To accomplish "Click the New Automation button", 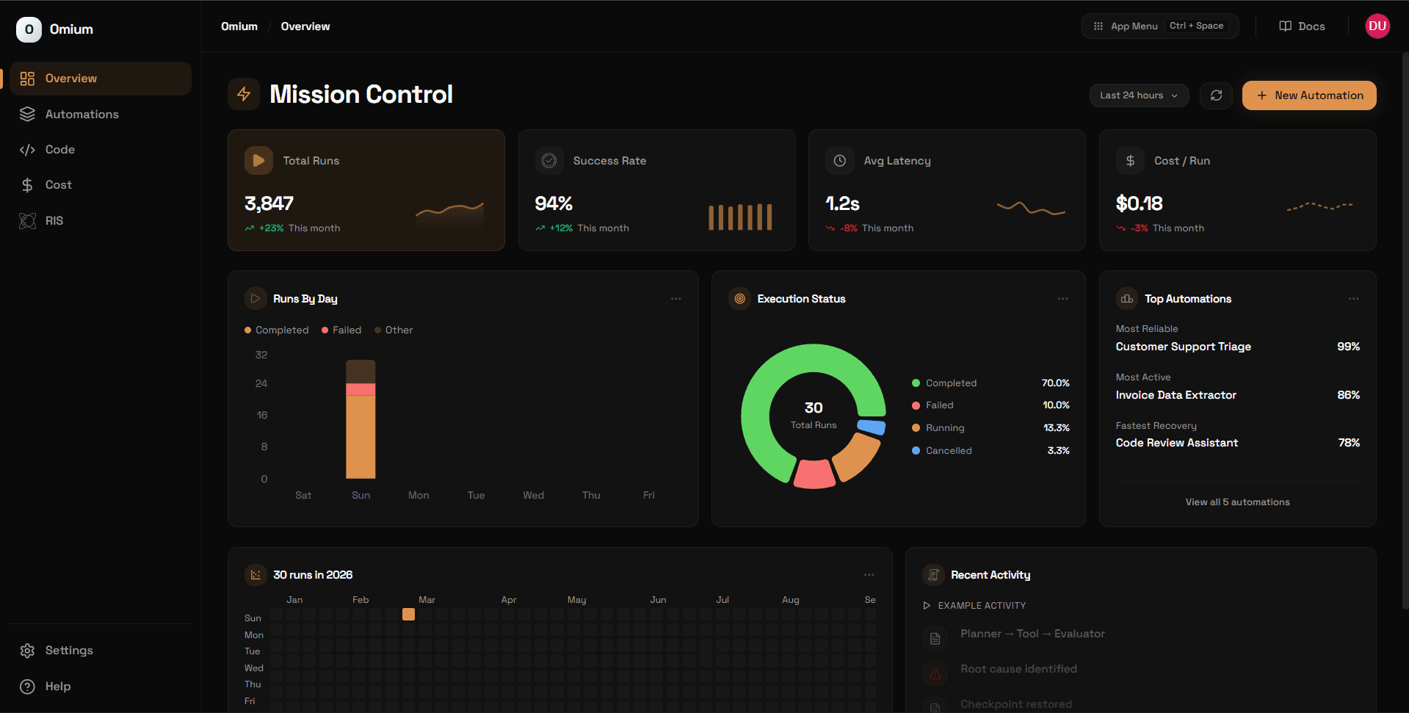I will (1308, 95).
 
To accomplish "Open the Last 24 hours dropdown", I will (1138, 95).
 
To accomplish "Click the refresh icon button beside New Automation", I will (1216, 95).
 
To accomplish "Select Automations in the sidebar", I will (82, 115).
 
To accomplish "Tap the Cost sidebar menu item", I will (58, 185).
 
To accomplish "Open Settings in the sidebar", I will (68, 651).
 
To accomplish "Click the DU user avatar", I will (1377, 26).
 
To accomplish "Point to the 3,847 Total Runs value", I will (269, 203).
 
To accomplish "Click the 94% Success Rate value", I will (554, 203).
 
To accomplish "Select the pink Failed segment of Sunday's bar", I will (361, 389).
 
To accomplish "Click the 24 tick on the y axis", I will (261, 383).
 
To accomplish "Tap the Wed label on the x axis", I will (533, 496).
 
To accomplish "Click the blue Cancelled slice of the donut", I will (872, 427).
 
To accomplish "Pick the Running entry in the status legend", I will (944, 428).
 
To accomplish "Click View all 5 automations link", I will (1237, 502).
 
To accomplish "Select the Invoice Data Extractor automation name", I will (1176, 395).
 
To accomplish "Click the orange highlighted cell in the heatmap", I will (408, 615).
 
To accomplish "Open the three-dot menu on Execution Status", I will (1062, 299).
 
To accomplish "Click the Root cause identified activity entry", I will (1018, 669).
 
